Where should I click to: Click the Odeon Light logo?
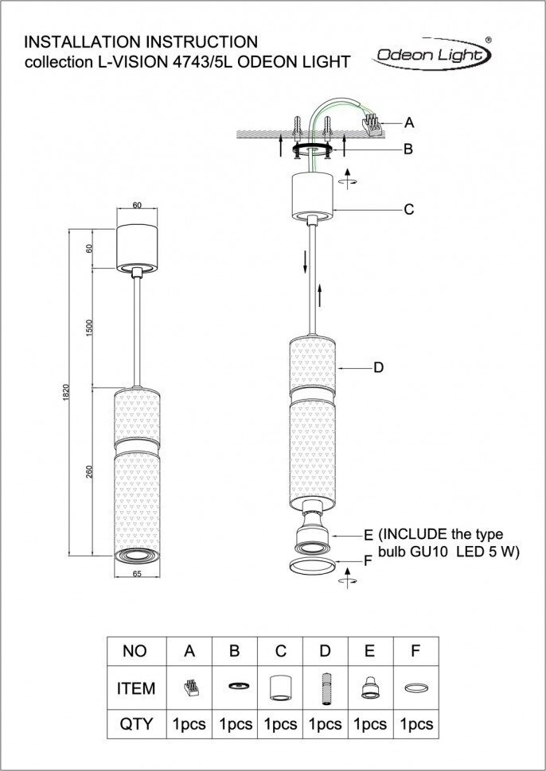point(432,54)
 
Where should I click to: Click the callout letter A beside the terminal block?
point(409,122)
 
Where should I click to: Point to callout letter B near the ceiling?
point(408,149)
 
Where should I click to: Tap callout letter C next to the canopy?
point(408,210)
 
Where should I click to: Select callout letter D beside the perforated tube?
point(379,367)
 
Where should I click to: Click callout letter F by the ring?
point(368,560)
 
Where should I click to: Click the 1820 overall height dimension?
point(67,393)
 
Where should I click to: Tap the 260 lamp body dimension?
point(90,472)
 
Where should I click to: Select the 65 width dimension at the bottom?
point(137,573)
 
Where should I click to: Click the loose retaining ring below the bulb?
point(311,566)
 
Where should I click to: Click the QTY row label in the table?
point(135,724)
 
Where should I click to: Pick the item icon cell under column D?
point(325,687)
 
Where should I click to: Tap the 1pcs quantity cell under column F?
point(416,724)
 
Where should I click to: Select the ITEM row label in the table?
point(135,688)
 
